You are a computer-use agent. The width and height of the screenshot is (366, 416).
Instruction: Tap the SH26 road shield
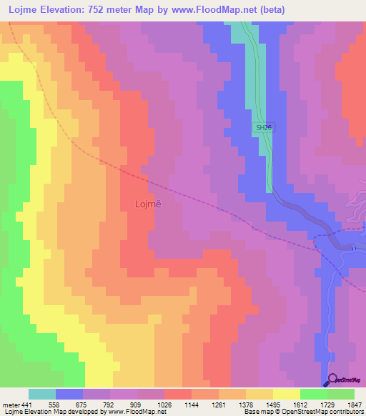pyautogui.click(x=264, y=127)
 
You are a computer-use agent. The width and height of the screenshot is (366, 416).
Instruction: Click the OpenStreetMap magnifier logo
pyautogui.click(x=332, y=380)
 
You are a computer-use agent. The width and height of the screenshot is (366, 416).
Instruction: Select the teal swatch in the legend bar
pyautogui.click(x=42, y=394)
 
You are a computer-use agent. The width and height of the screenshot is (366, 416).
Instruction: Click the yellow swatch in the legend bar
pyautogui.click(x=286, y=394)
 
